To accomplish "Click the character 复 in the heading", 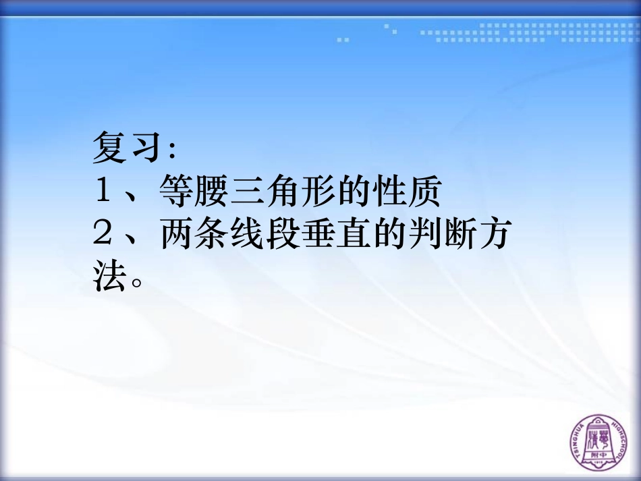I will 110,148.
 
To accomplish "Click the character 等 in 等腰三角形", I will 177,192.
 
